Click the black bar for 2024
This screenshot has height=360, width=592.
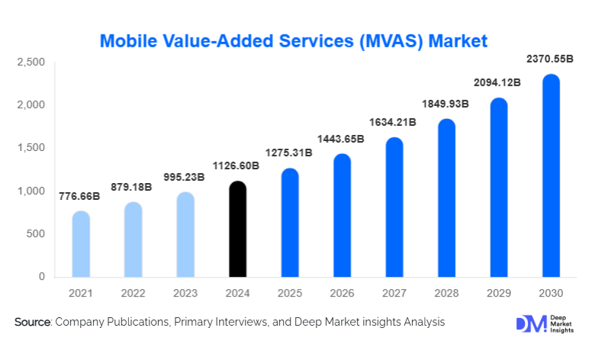tap(238, 230)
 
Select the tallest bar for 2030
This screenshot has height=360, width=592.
tap(551, 176)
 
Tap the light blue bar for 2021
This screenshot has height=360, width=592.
tap(81, 245)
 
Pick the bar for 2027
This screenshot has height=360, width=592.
tap(394, 207)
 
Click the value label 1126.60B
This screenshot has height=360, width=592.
tap(236, 166)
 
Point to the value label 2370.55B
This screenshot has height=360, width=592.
tap(549, 59)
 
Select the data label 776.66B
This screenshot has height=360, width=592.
tap(79, 196)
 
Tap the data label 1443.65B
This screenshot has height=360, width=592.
tap(341, 139)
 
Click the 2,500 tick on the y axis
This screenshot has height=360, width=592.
tap(32, 62)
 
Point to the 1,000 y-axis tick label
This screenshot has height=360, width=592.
tap(32, 191)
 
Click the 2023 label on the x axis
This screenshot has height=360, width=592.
tap(185, 293)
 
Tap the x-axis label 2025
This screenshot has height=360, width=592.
tap(290, 293)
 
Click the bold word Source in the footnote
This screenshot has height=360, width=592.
tap(31, 323)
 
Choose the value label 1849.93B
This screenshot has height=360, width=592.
tap(446, 103)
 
